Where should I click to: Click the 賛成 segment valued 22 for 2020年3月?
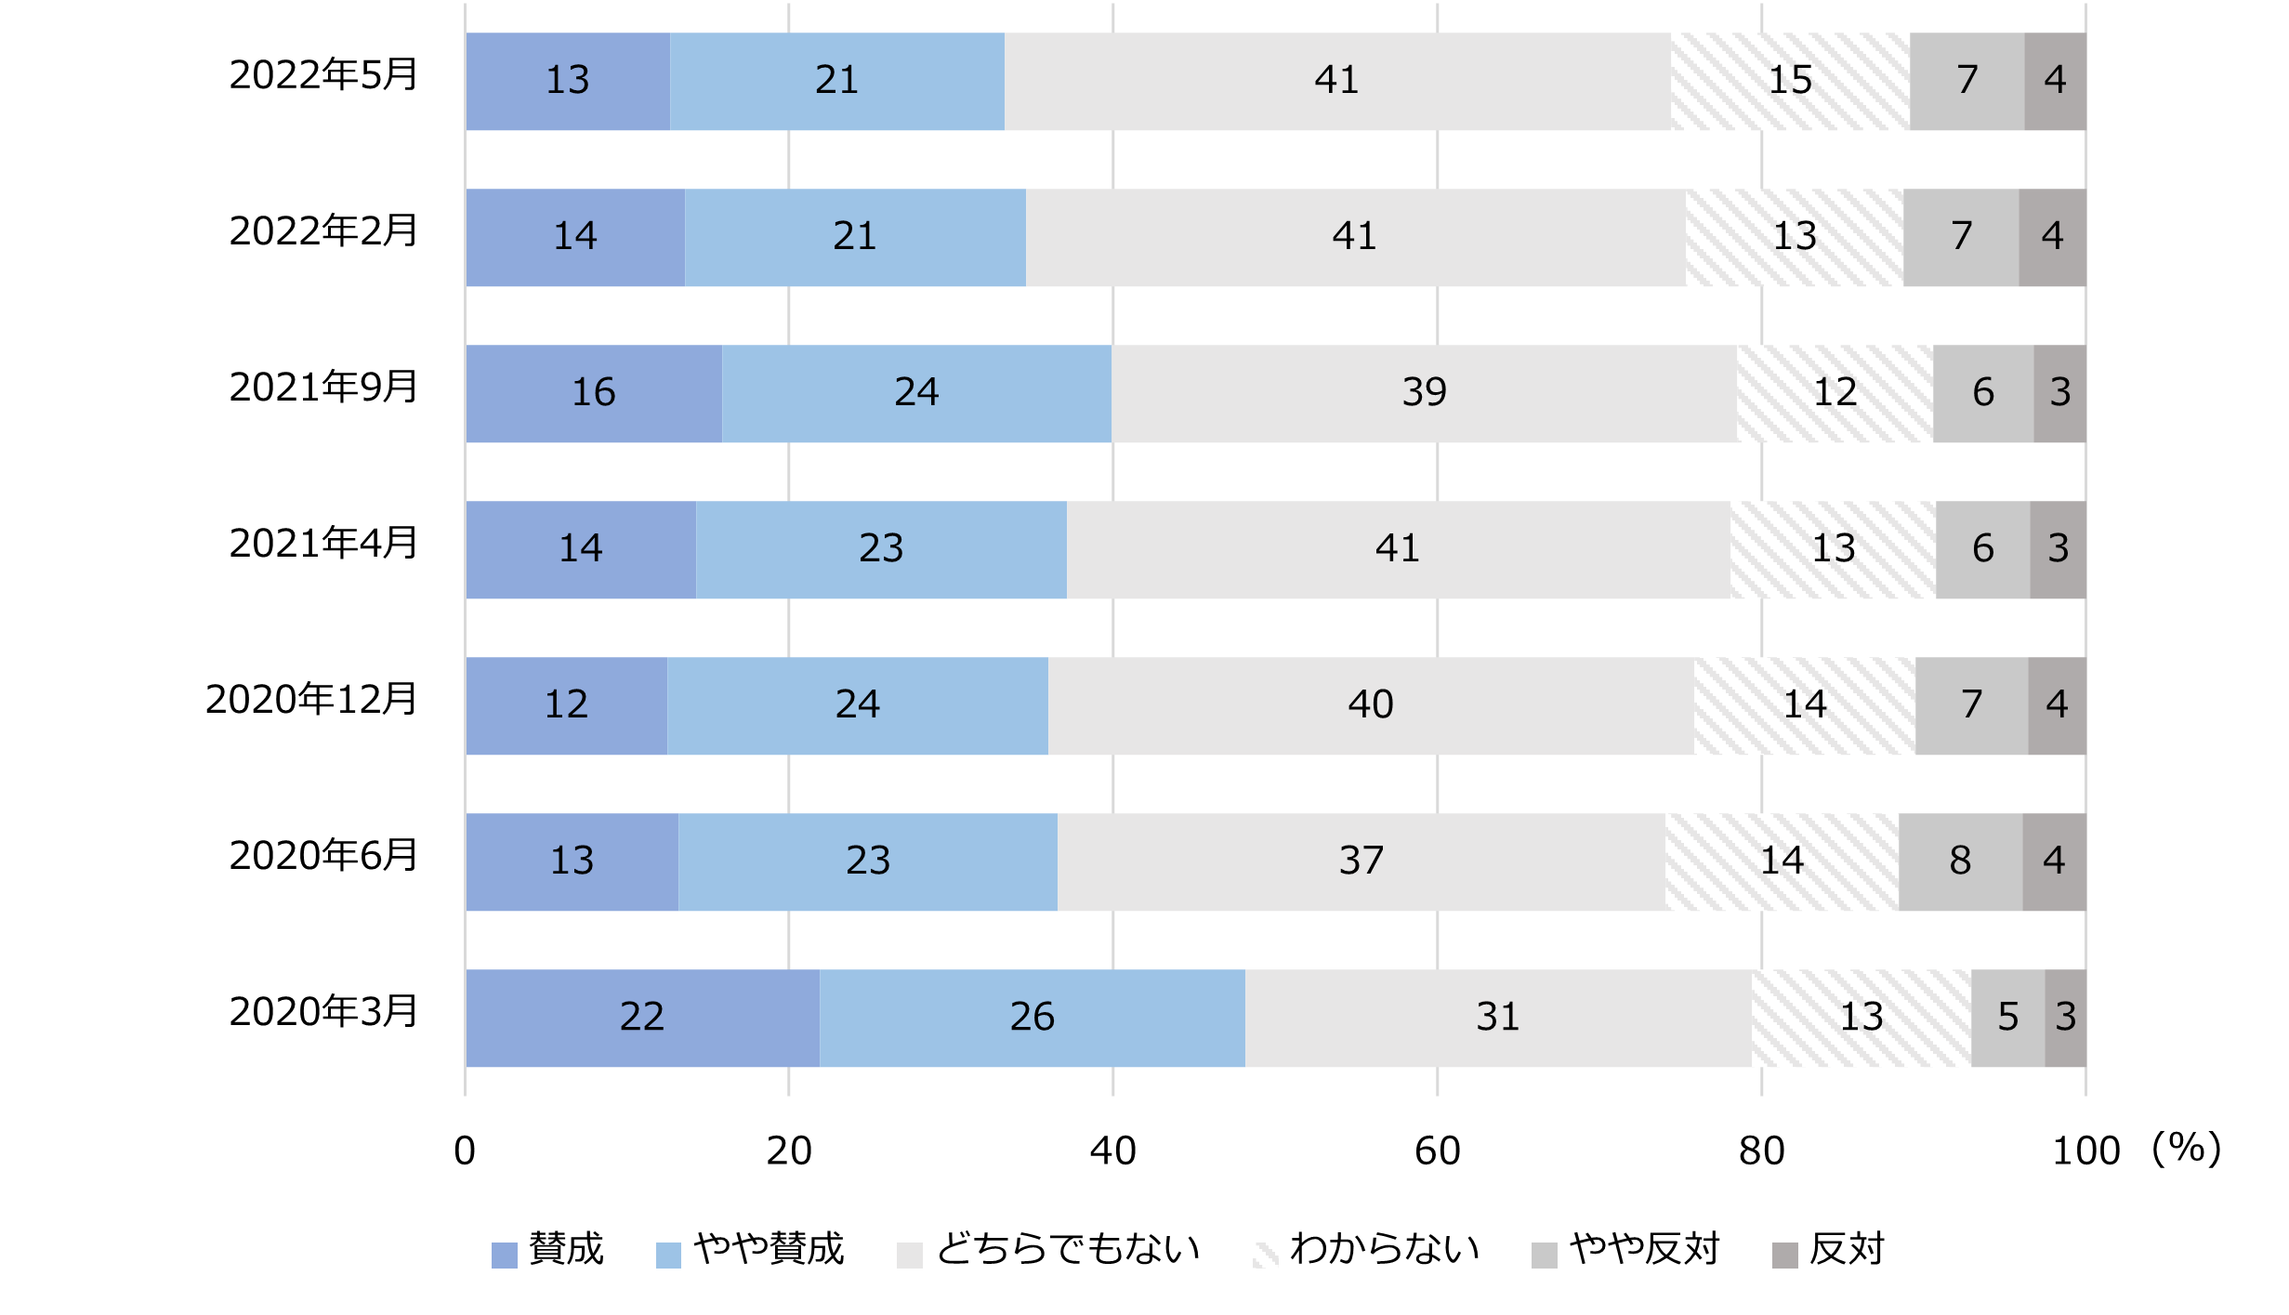(642, 1018)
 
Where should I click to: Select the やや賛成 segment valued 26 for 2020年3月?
(1032, 1018)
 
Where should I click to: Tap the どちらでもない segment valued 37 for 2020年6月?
(1361, 861)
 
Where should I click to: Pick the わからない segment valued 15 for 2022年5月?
(1790, 81)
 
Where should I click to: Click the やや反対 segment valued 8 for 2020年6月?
(1960, 861)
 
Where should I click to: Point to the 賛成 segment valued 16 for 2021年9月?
(593, 393)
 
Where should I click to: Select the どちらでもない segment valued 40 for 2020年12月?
(1370, 705)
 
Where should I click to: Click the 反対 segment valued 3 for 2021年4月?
(2058, 549)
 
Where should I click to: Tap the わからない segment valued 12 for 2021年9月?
(1835, 393)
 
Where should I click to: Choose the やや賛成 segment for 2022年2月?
(855, 237)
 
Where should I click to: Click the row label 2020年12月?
(311, 700)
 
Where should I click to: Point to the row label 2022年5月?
(323, 75)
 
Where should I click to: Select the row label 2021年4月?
(323, 544)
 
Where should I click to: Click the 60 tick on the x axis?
(1437, 1151)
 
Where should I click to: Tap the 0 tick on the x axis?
(465, 1151)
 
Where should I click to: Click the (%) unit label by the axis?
(2187, 1150)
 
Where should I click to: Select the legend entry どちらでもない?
(1067, 1250)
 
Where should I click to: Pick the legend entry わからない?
(1384, 1250)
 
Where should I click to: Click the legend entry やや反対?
(1643, 1250)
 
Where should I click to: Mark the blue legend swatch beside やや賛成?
(668, 1255)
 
